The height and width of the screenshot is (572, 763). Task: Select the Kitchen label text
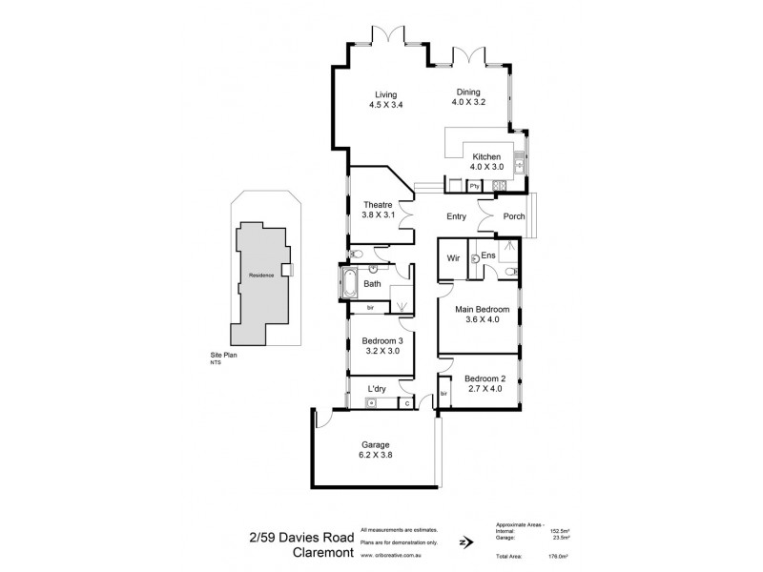[486, 156]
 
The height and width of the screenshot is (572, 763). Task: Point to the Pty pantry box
[473, 186]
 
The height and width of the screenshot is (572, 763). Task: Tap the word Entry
[456, 216]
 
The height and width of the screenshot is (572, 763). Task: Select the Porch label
[514, 216]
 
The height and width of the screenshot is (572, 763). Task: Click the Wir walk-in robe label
[454, 257]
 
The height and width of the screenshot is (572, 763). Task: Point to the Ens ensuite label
[487, 255]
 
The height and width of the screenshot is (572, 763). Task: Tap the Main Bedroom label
[482, 310]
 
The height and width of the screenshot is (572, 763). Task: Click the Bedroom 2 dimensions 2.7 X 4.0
[485, 388]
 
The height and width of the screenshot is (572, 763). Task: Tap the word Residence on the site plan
[262, 275]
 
